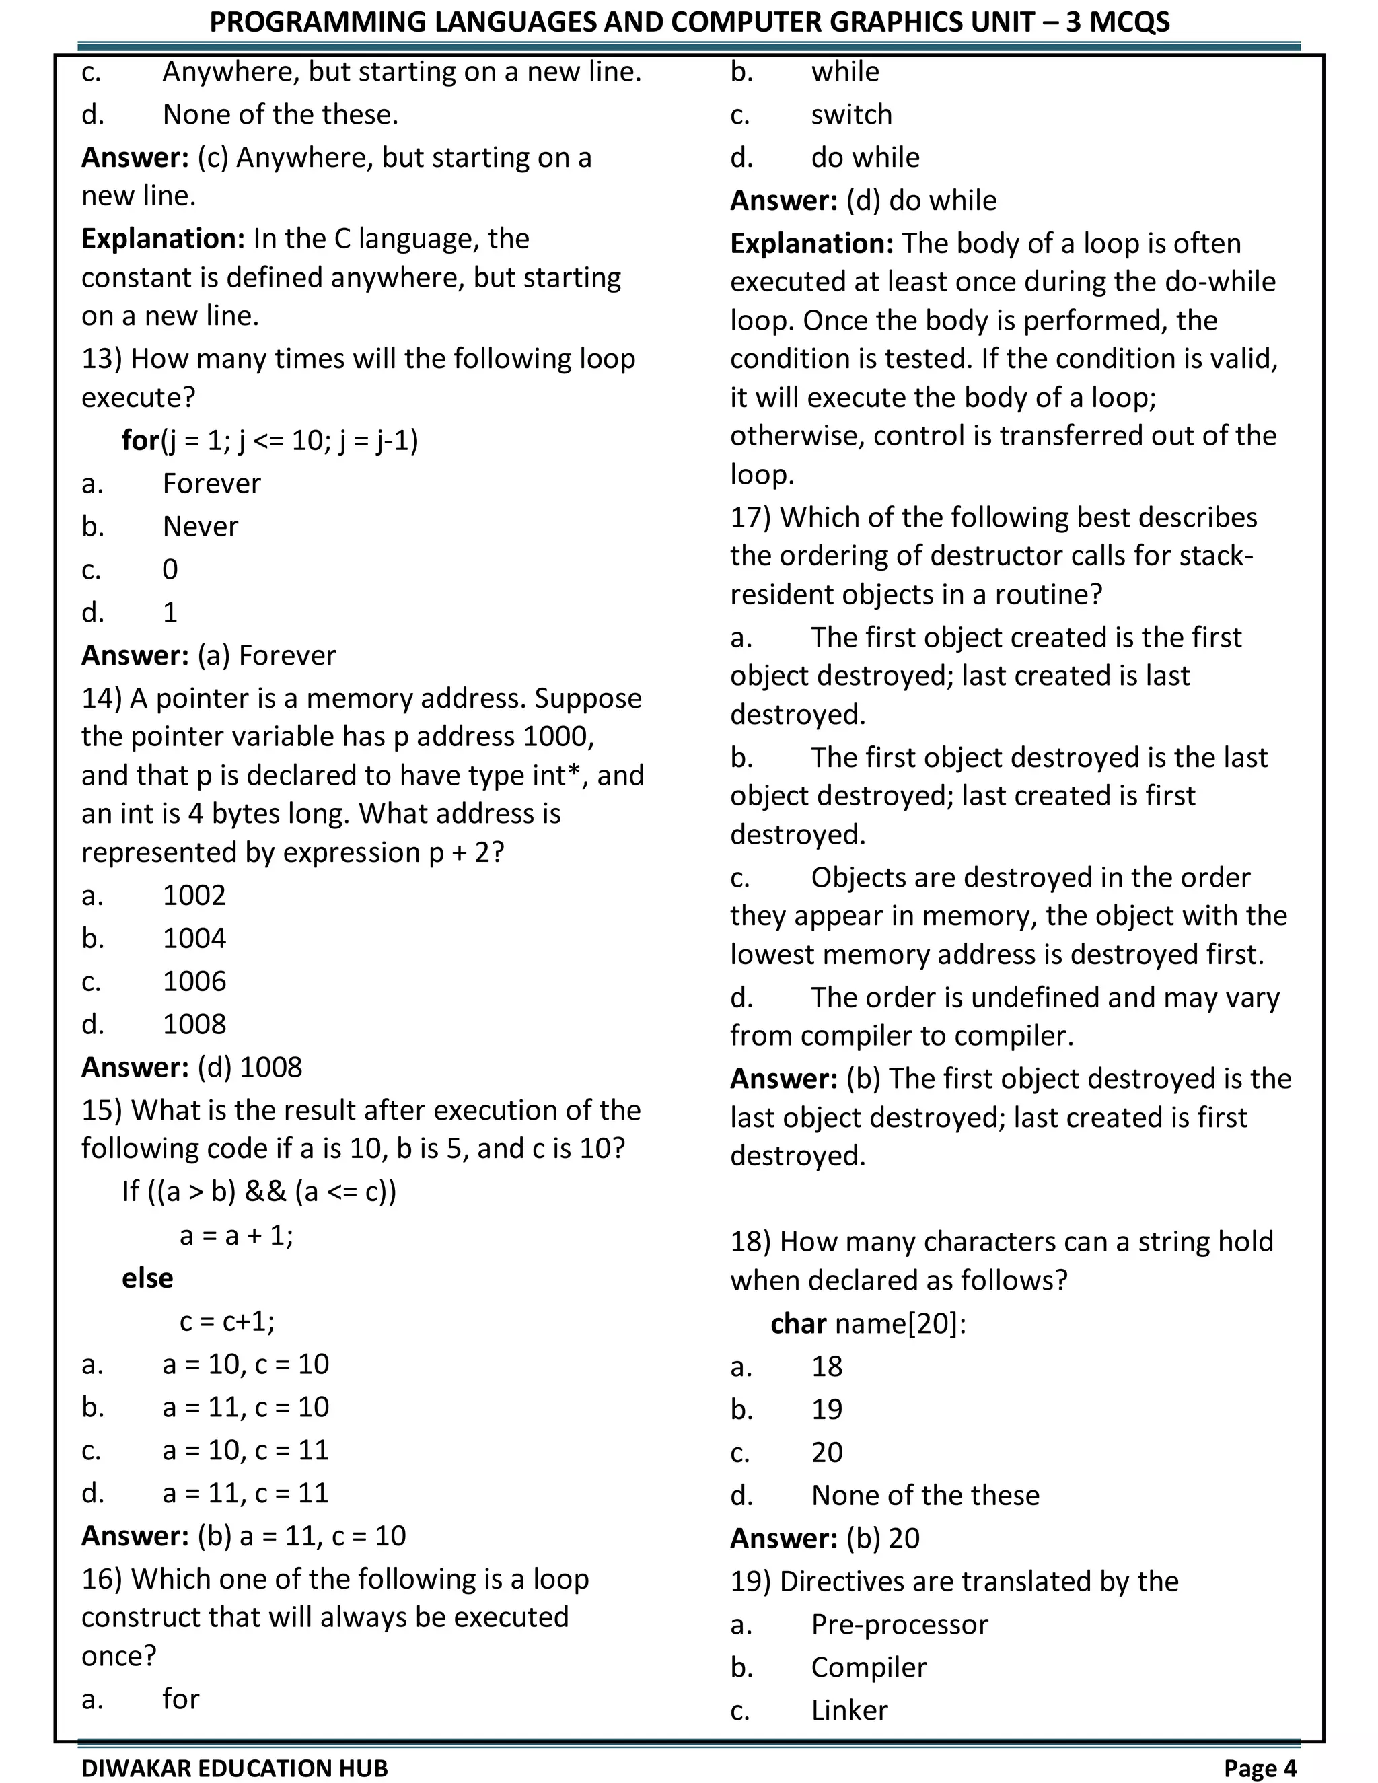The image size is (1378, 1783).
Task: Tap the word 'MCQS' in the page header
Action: coord(1129,22)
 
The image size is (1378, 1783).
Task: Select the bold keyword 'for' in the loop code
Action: coord(141,441)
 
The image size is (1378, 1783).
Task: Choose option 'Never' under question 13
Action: coord(200,527)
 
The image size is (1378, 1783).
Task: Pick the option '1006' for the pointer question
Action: coord(194,981)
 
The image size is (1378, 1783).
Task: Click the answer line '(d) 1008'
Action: coord(249,1067)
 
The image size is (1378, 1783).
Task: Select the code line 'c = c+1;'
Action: coord(227,1321)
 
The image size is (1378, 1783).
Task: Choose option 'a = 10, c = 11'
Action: coord(245,1450)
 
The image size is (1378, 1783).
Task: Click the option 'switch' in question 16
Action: coord(851,114)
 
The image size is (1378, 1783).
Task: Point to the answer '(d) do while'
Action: coord(921,200)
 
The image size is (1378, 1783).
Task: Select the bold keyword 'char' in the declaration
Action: coord(799,1323)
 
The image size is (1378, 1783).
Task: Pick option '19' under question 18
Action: coord(826,1409)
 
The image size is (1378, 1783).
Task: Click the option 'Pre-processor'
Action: coord(899,1625)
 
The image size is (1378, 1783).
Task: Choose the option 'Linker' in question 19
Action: coord(849,1710)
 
